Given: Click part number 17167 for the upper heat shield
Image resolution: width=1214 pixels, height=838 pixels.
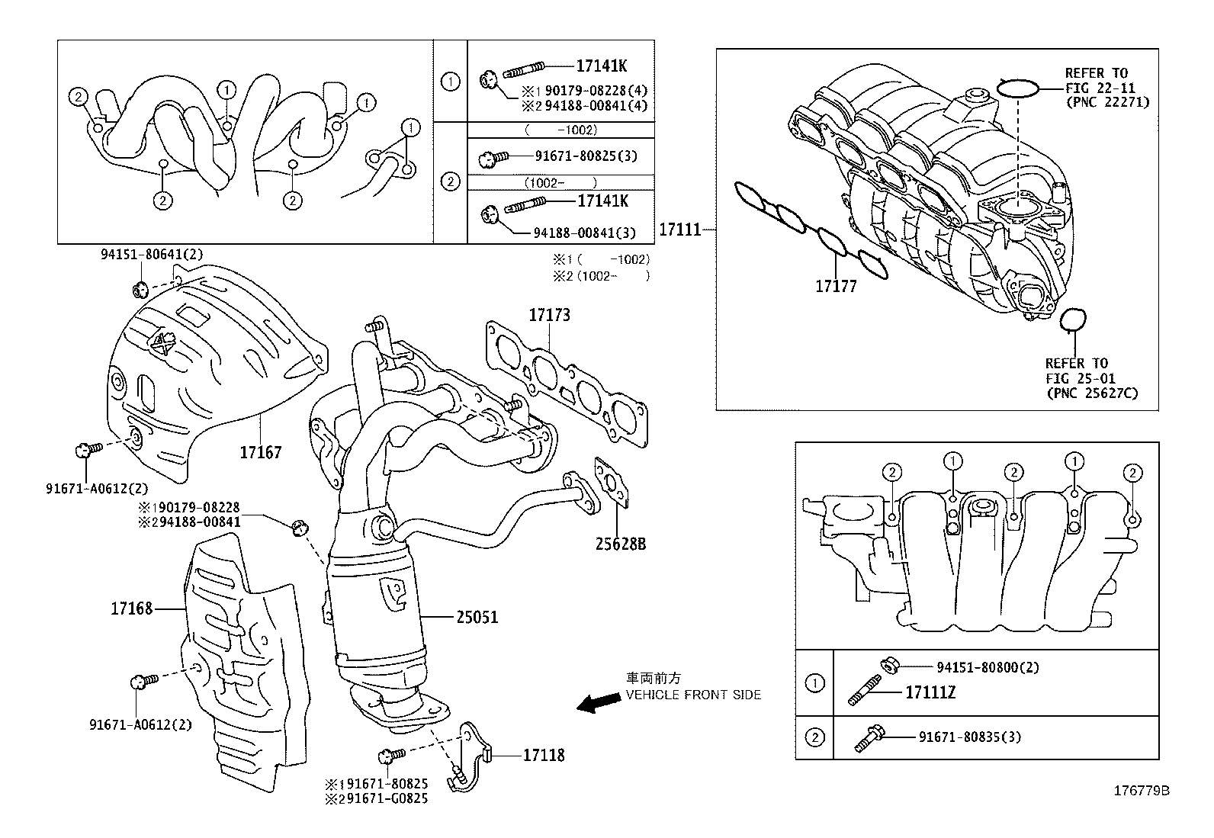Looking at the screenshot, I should pyautogui.click(x=260, y=452).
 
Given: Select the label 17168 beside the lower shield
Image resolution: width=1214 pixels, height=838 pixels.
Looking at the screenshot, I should pyautogui.click(x=131, y=608).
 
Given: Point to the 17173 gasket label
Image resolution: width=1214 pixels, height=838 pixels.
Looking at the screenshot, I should pyautogui.click(x=550, y=315).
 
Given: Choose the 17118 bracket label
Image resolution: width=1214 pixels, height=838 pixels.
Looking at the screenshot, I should pyautogui.click(x=544, y=755).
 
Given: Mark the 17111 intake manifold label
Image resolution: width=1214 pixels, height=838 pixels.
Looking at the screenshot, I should pyautogui.click(x=679, y=229).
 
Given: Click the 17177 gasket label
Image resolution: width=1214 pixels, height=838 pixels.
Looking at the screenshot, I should pyautogui.click(x=836, y=287).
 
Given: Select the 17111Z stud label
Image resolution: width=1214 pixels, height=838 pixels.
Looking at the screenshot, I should pyautogui.click(x=930, y=692).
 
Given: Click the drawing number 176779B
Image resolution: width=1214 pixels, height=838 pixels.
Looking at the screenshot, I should pyautogui.click(x=1142, y=791).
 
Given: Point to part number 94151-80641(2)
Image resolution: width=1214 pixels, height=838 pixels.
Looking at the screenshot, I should pyautogui.click(x=152, y=255).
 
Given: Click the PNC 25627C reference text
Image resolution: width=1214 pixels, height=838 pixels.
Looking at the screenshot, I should pyautogui.click(x=1092, y=393).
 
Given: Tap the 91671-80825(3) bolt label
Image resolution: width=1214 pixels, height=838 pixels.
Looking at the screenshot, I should pyautogui.click(x=585, y=156).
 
